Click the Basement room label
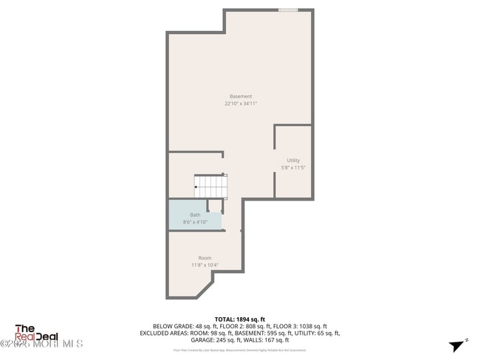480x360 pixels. pos(240,97)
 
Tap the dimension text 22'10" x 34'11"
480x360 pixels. pos(240,104)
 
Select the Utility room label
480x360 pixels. pos(293,160)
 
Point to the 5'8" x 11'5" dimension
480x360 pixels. pos(293,167)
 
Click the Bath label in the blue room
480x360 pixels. pos(195,215)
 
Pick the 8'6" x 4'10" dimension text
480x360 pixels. pos(195,221)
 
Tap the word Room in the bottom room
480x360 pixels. pos(205,257)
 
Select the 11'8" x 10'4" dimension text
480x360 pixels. pos(205,265)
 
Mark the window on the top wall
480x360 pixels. pos(288,10)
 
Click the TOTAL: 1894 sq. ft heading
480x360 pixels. pos(240,319)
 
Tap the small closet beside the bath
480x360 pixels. pos(214,206)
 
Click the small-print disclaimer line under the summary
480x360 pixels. pos(240,350)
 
